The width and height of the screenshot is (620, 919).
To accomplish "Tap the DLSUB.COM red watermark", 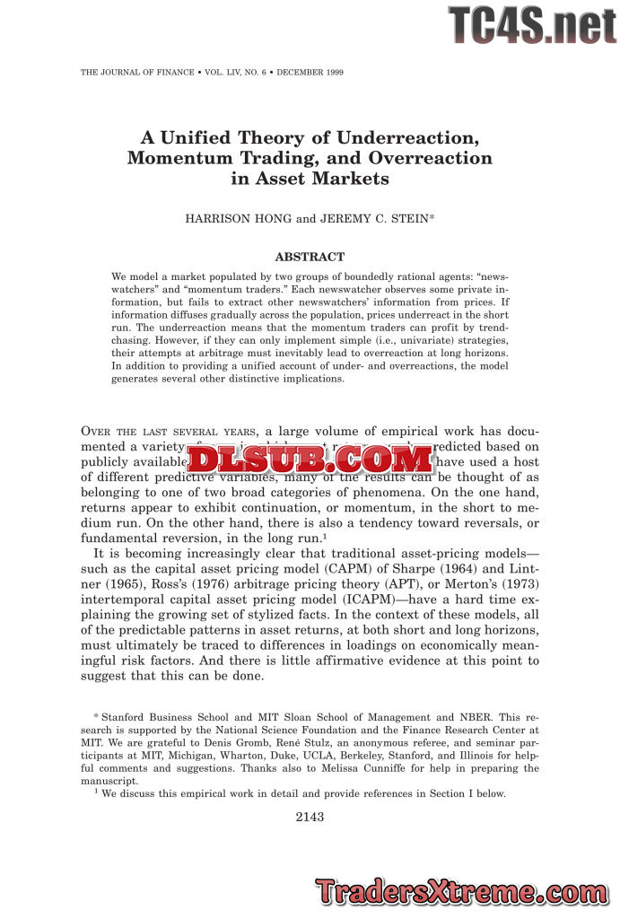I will point(310,459).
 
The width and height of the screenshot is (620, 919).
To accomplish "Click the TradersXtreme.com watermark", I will point(463,892).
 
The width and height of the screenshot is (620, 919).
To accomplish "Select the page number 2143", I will point(310,817).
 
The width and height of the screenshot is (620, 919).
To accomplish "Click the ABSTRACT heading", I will point(310,258).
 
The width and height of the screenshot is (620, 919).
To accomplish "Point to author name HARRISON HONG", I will point(233,219).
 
